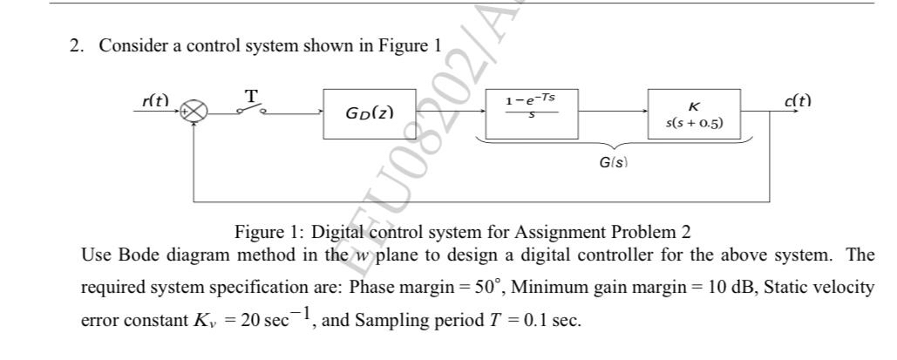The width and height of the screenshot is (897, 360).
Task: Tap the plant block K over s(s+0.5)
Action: coord(694,113)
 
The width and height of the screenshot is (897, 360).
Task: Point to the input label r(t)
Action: coord(155,100)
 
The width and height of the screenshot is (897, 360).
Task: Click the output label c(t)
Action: coord(797,100)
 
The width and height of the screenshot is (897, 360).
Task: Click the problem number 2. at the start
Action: coord(77,46)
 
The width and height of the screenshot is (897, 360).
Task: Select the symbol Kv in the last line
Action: coord(204,321)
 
